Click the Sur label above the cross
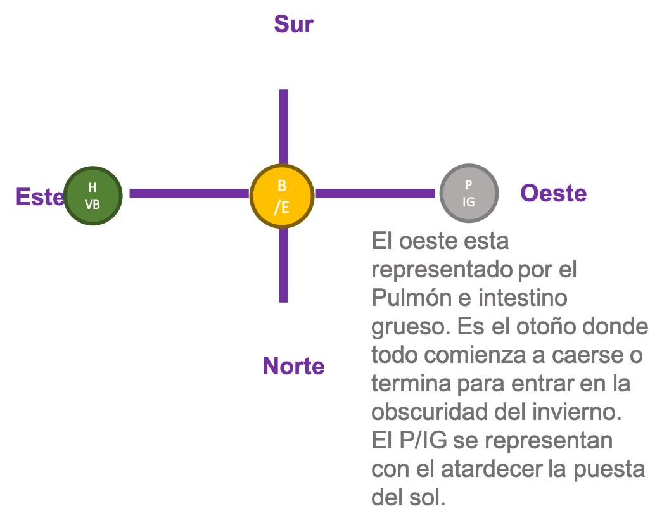(293, 25)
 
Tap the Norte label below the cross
(293, 366)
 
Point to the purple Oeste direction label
(553, 193)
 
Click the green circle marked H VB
(92, 196)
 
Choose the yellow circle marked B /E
(282, 196)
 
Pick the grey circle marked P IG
(469, 193)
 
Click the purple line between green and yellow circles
(189, 193)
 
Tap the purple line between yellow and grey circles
(376, 193)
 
